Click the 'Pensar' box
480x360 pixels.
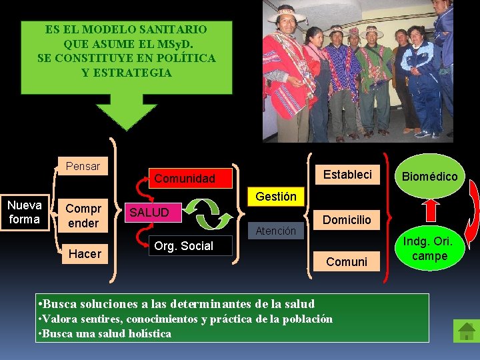(83, 167)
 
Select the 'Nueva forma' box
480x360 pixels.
(25, 212)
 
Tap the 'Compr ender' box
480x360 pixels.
(83, 215)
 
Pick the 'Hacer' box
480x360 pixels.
(85, 253)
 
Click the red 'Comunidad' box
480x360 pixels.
(185, 178)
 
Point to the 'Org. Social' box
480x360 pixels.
(188, 246)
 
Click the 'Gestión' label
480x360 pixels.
(276, 197)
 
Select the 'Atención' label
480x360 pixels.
(276, 231)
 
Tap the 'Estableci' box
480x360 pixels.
(347, 175)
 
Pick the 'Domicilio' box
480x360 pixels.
(347, 219)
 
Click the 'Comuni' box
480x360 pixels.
(347, 261)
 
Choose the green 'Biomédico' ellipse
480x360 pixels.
(430, 177)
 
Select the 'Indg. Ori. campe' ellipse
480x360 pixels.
(430, 249)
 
